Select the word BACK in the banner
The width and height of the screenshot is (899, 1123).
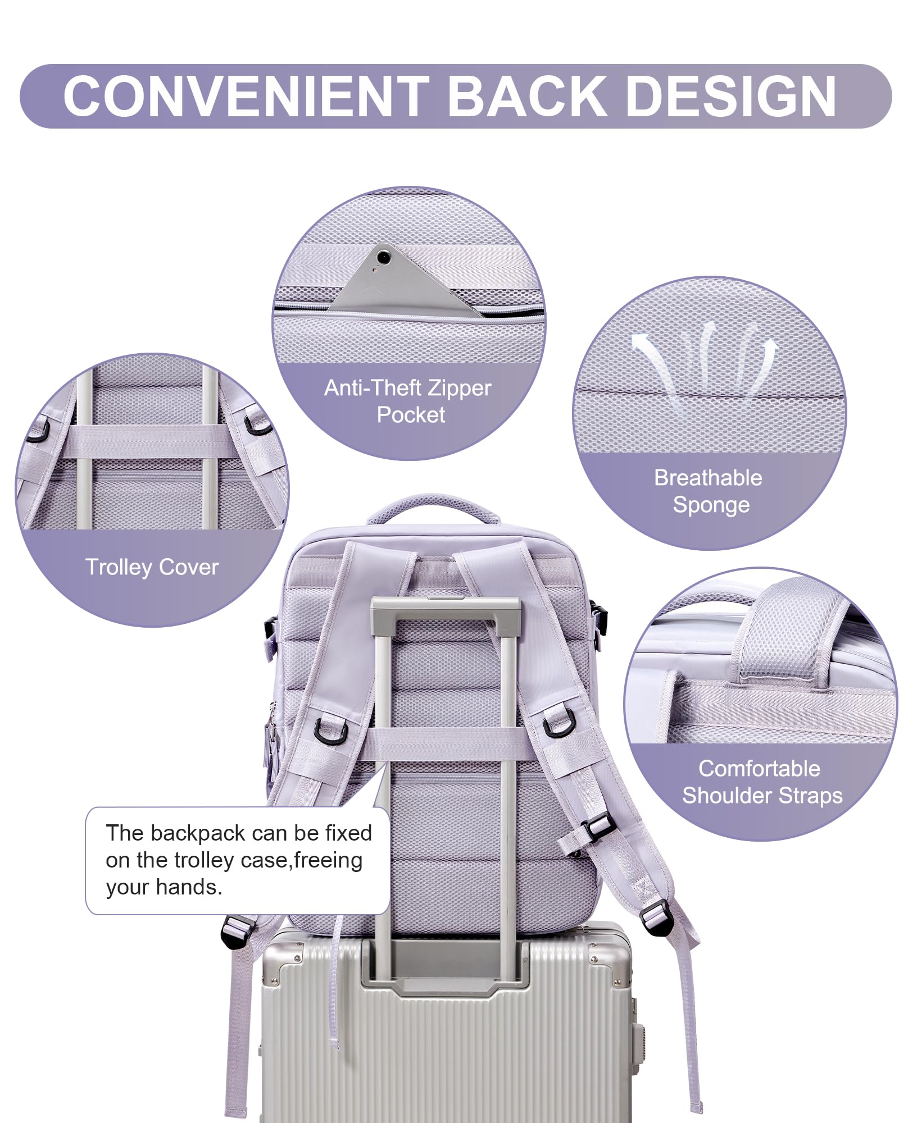coord(527,96)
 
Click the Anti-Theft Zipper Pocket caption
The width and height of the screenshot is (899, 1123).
coord(408,401)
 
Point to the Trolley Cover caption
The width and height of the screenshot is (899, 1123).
coord(152,567)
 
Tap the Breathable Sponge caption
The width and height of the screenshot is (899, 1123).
coord(709,491)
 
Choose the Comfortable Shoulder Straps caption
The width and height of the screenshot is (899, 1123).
coord(761,782)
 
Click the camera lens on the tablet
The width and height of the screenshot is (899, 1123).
coord(384,257)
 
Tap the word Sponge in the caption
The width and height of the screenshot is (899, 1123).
coord(711,505)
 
